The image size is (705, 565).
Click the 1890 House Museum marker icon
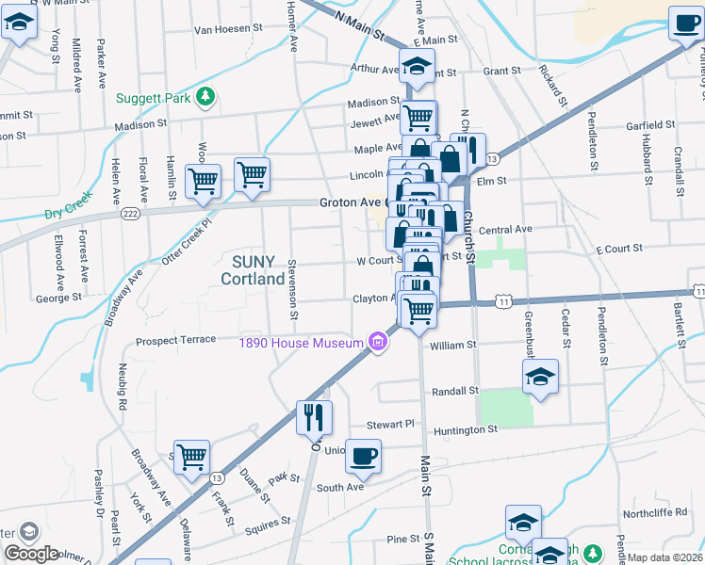point(378,342)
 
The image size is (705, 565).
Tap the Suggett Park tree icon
point(205,97)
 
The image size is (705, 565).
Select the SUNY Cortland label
point(253,270)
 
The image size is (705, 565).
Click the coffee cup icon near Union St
point(363,458)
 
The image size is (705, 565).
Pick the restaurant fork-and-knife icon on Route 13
point(314,415)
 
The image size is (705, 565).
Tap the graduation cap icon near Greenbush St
point(540,378)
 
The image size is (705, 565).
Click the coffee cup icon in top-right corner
point(686,24)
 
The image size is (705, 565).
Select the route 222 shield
point(129,215)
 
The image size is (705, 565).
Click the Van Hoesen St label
point(228,29)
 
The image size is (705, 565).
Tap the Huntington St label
point(465,430)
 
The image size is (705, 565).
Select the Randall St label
point(455,391)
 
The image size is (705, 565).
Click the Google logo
point(31,554)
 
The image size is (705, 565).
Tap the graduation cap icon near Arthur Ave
point(416,67)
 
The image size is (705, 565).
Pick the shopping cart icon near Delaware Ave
point(191,459)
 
